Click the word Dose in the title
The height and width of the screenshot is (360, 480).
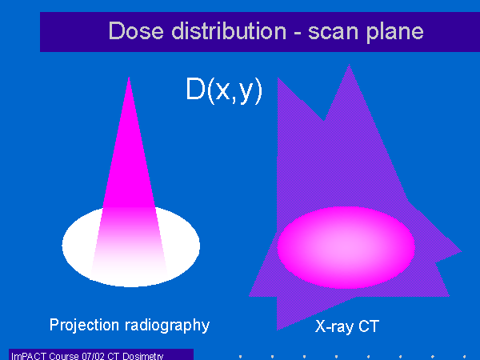(136, 30)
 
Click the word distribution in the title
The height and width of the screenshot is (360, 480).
(229, 30)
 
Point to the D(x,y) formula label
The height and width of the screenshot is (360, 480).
(224, 90)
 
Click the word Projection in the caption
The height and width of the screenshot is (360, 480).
(84, 325)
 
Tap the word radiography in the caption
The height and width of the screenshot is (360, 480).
(167, 326)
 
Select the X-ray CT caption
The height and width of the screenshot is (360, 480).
(347, 326)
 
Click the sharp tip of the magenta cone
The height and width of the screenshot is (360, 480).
(129, 77)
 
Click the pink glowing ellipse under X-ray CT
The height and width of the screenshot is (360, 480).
(346, 247)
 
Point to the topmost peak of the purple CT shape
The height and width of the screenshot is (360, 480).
(349, 64)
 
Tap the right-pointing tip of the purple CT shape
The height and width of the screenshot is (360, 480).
(461, 251)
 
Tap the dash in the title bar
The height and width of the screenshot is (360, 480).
(298, 33)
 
